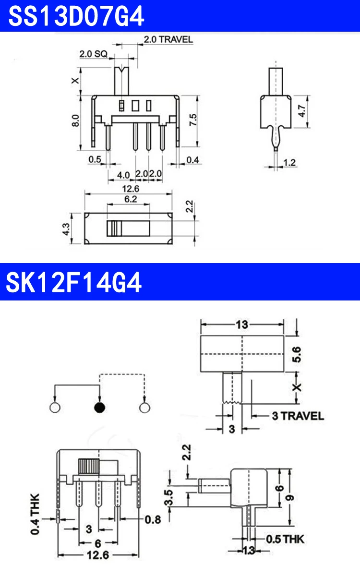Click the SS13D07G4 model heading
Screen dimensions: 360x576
click(76, 16)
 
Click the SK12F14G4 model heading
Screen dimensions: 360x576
click(73, 282)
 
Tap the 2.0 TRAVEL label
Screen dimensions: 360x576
click(168, 39)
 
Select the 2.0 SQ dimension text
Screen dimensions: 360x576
click(93, 54)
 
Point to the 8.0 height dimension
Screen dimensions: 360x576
click(75, 120)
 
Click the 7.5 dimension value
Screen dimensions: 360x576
click(193, 120)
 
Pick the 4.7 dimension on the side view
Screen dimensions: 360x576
click(301, 111)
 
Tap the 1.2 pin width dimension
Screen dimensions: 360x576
click(289, 163)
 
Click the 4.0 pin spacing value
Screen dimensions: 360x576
click(123, 175)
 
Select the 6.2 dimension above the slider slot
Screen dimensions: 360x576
click(131, 199)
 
